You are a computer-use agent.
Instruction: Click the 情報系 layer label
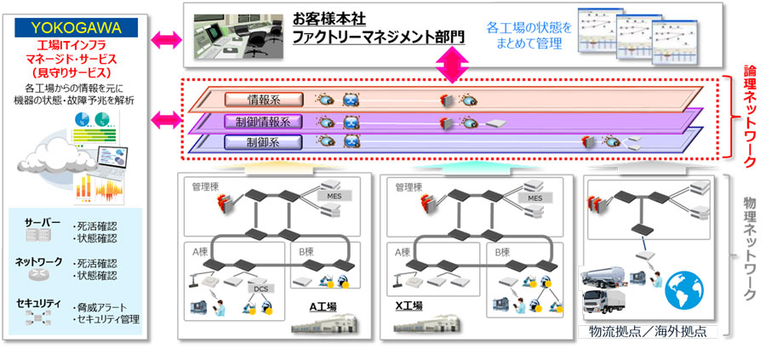point(258,100)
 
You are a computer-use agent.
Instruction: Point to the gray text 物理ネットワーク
point(750,247)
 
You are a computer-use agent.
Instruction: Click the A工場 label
point(321,306)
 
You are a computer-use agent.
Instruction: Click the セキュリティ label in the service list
point(37,303)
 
